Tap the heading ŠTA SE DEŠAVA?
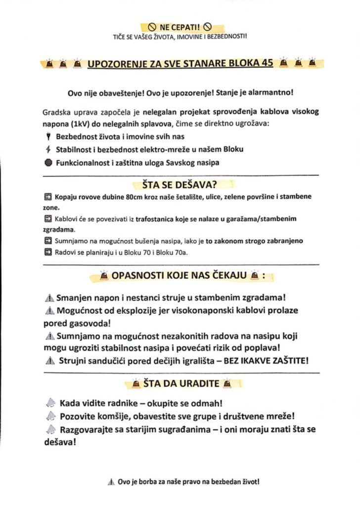click(177, 185)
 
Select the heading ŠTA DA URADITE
click(180, 382)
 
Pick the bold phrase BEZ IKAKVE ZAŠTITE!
click(266, 360)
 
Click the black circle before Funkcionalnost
click(48, 163)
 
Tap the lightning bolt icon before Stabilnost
click(48, 149)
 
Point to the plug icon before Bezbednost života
click(48, 136)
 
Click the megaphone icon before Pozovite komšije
click(49, 417)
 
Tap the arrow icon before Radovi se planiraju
click(48, 252)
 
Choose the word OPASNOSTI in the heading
click(140, 275)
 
